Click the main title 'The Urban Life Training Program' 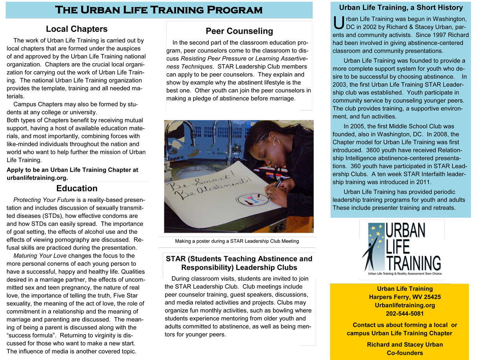[x=159, y=10]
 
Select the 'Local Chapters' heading [x=77, y=29]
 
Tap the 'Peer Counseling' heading [x=239, y=31]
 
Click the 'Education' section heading [x=77, y=188]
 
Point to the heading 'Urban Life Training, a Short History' [x=401, y=7]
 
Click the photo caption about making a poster [x=237, y=241]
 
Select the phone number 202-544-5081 [x=404, y=314]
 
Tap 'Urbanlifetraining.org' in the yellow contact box [x=404, y=305]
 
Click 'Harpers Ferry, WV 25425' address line [x=404, y=297]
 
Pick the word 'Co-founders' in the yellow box [x=404, y=353]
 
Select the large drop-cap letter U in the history [x=338, y=22]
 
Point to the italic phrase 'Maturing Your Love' [x=40, y=255]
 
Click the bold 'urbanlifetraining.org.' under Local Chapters [x=37, y=177]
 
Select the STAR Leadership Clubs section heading [x=239, y=263]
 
